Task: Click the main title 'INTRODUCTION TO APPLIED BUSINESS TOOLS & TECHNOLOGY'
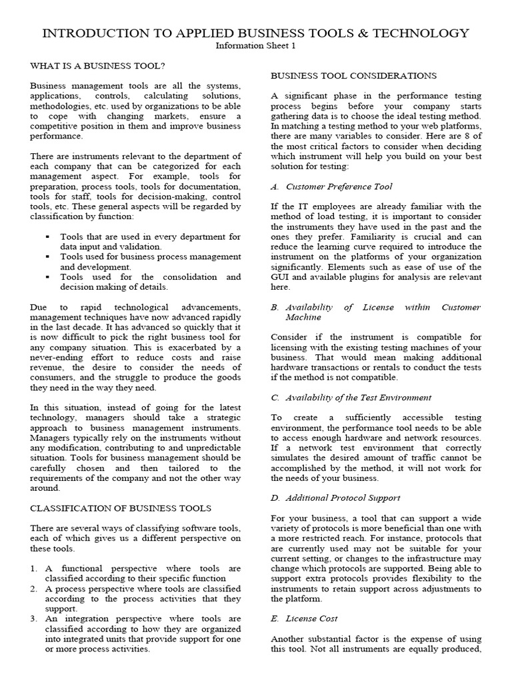[x=256, y=33]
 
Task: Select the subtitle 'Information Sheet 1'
[x=256, y=46]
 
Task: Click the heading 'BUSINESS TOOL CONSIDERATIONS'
[x=354, y=76]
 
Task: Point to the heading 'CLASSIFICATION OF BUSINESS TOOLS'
[x=121, y=508]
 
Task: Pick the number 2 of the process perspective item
[x=34, y=589]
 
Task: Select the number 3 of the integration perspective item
[x=34, y=619]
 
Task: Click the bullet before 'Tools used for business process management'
[x=49, y=256]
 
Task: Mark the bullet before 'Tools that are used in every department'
[x=49, y=236]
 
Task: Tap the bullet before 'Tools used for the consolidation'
[x=49, y=276]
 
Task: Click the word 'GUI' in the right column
[x=280, y=277]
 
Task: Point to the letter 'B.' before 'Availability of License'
[x=275, y=307]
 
